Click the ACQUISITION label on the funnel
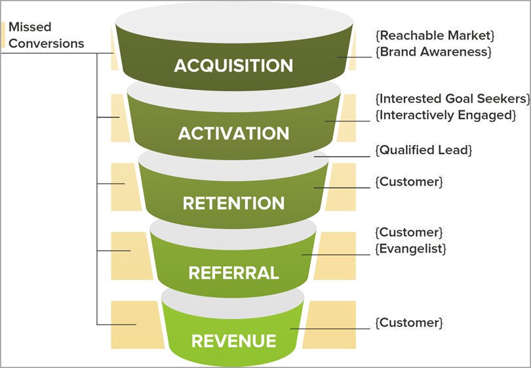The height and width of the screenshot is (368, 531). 233,66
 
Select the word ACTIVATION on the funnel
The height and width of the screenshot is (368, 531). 233,133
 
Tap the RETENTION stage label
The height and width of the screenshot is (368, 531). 233,203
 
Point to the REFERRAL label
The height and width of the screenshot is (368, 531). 233,272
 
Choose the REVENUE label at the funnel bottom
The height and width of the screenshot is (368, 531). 233,341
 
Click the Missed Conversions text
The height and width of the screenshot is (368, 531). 46,35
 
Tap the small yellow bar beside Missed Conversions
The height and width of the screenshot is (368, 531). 3,35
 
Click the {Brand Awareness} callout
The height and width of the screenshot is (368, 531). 433,51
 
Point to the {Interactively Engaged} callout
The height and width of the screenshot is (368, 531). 445,115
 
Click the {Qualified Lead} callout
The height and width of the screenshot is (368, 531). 423,150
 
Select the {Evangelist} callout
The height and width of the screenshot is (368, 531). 410,249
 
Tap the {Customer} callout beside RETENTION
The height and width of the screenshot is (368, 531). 409,182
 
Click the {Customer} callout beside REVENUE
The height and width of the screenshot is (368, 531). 409,323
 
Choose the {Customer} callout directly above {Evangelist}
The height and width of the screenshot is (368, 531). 409,232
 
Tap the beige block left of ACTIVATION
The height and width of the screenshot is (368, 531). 119,117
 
